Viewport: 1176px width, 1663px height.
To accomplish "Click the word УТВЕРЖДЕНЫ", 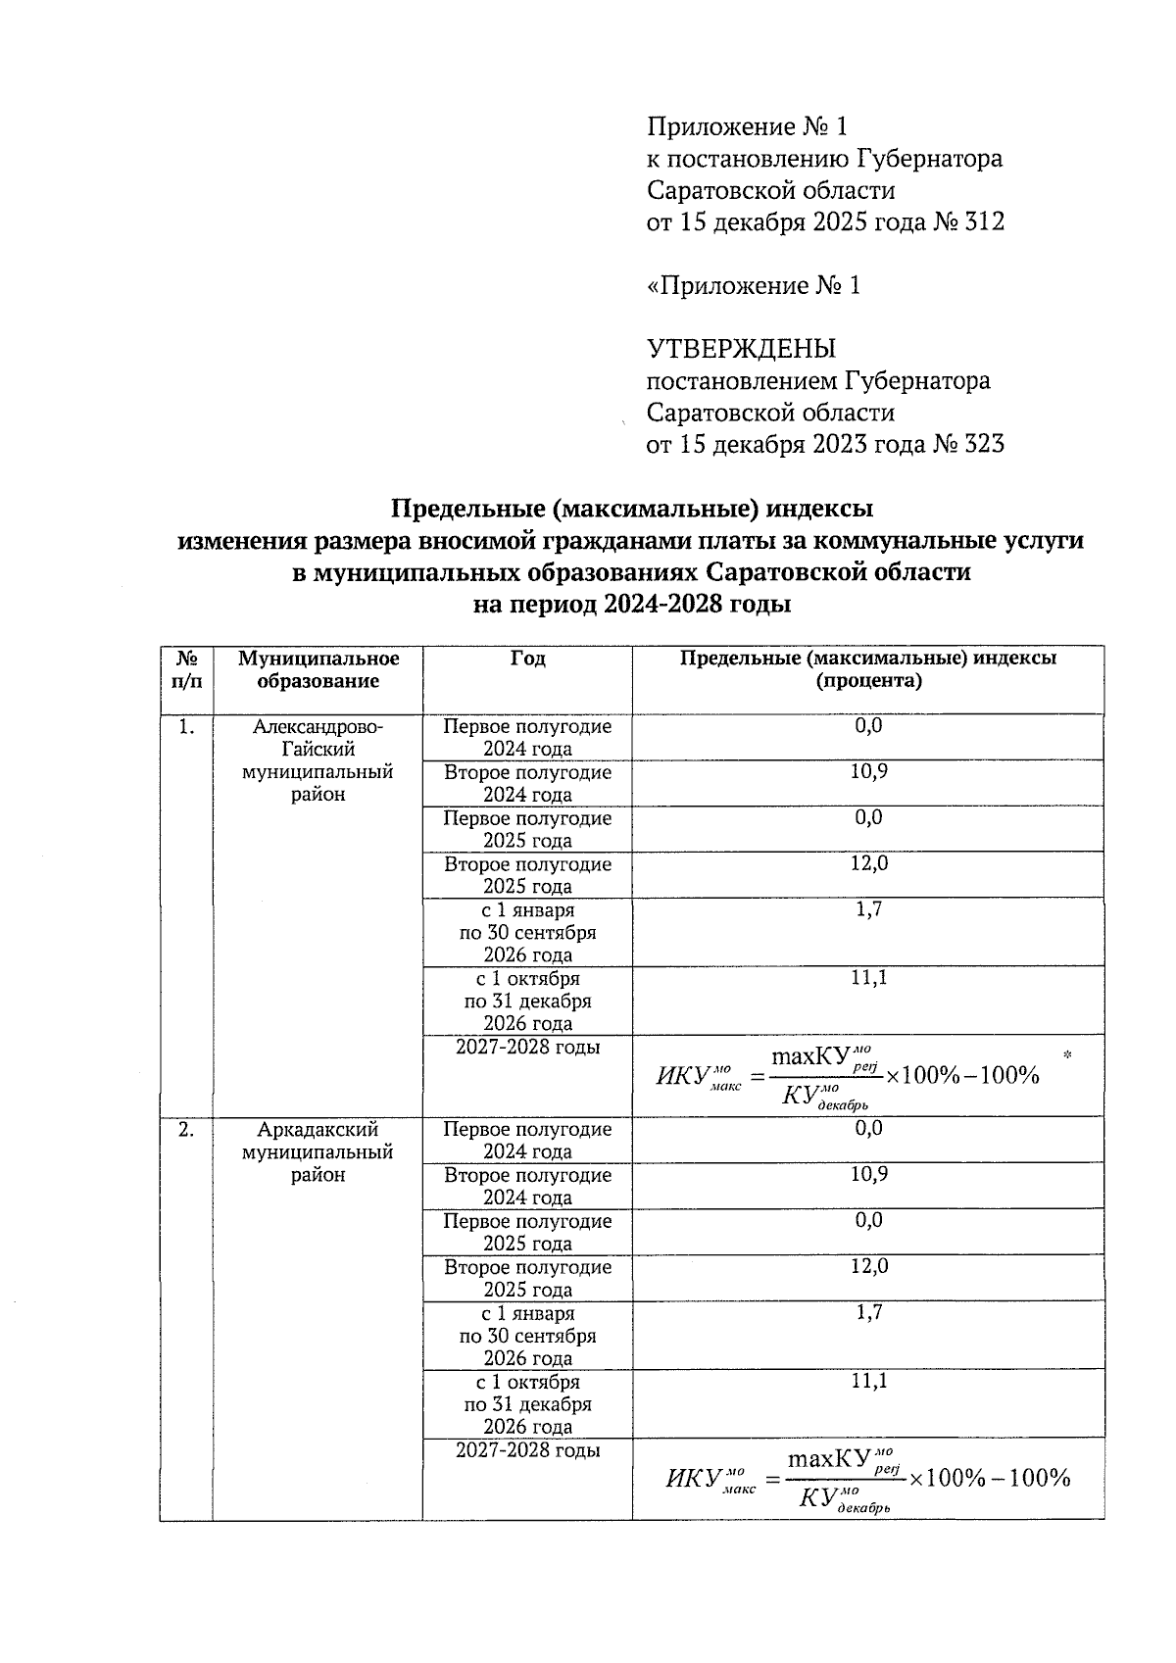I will click(x=741, y=349).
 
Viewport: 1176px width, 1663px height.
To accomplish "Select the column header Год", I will click(x=527, y=660).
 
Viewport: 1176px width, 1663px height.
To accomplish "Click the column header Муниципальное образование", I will click(x=318, y=670).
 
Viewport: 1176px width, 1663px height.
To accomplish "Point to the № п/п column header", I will click(x=186, y=670).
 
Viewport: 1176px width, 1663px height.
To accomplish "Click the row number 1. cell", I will click(x=186, y=727).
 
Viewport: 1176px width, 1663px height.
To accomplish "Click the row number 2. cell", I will click(x=186, y=1130).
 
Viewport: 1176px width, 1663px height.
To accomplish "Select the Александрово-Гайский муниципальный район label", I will click(x=318, y=760).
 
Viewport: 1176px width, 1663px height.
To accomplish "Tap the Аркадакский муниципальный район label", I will click(x=318, y=1152).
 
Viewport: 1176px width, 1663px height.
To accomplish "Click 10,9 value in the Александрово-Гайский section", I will click(x=868, y=772).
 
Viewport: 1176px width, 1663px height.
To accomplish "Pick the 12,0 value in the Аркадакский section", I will click(x=868, y=1266).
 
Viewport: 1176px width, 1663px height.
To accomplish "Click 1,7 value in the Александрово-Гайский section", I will click(x=868, y=909).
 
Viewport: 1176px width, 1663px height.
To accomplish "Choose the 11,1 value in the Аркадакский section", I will click(x=868, y=1381).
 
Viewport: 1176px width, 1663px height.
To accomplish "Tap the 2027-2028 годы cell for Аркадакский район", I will click(x=527, y=1450).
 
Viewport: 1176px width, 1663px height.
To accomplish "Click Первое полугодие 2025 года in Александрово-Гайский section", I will click(x=527, y=829).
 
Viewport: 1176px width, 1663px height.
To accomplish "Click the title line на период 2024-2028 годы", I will click(x=632, y=605).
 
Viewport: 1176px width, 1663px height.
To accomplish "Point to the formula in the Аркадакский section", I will click(x=867, y=1479).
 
